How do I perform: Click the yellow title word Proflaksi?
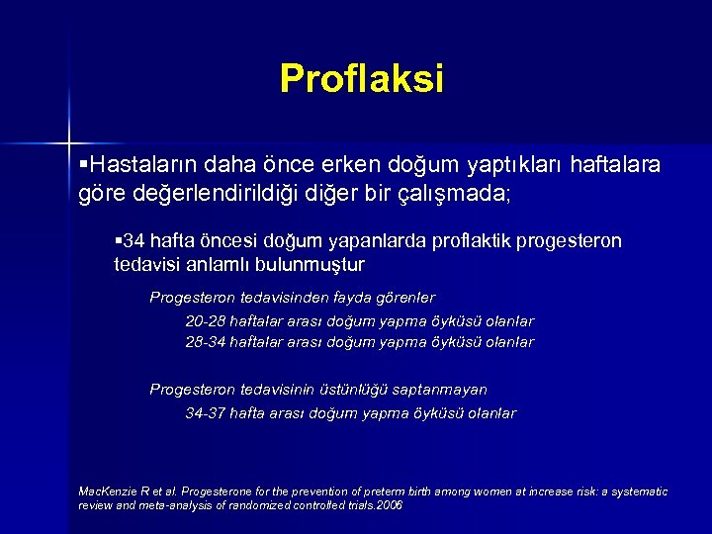pyautogui.click(x=362, y=78)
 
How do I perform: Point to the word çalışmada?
pyautogui.click(x=456, y=192)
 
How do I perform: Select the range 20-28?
pyautogui.click(x=205, y=320)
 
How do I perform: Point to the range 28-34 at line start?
pyautogui.click(x=205, y=342)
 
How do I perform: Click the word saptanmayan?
pyautogui.click(x=439, y=390)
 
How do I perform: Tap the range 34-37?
pyautogui.click(x=205, y=413)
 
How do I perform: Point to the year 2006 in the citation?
pyautogui.click(x=391, y=504)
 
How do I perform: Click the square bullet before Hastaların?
pyautogui.click(x=82, y=162)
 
